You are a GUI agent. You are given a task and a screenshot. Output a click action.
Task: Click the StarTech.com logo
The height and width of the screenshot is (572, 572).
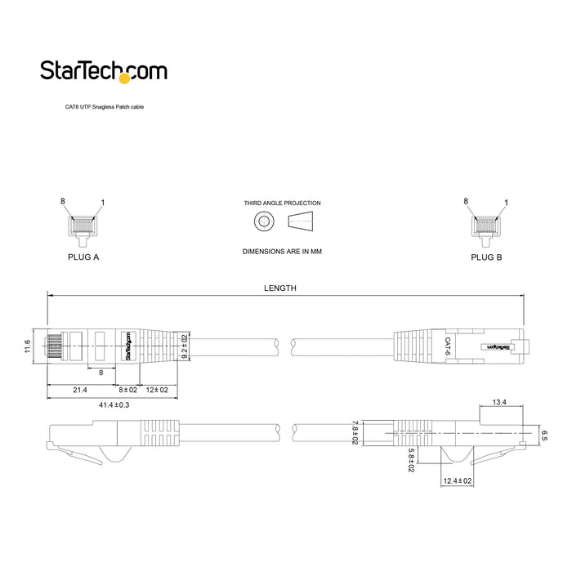click(104, 72)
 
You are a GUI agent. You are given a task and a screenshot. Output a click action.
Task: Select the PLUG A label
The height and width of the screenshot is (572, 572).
click(83, 256)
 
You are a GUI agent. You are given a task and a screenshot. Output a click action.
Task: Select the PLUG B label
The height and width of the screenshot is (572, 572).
click(486, 256)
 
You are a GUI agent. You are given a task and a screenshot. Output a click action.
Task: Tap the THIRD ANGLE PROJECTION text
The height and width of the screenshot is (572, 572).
click(282, 203)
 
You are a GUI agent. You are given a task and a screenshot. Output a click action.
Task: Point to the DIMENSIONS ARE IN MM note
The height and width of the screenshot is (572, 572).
click(282, 252)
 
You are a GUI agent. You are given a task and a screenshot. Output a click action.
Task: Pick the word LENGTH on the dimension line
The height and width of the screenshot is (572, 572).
click(280, 288)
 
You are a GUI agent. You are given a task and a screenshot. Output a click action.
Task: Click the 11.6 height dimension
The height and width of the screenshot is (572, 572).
click(28, 346)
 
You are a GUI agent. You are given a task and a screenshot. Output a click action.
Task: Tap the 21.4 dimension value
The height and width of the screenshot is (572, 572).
click(80, 391)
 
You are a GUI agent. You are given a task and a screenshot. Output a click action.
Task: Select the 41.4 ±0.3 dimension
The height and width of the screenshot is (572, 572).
click(114, 405)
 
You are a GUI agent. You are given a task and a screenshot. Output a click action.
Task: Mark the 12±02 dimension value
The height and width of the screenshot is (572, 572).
click(156, 391)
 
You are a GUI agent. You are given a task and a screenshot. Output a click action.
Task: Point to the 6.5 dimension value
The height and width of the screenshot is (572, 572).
click(543, 436)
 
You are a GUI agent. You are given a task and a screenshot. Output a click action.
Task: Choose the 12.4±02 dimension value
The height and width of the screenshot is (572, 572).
click(457, 481)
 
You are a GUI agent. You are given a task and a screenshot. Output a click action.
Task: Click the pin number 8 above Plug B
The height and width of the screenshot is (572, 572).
click(466, 201)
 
